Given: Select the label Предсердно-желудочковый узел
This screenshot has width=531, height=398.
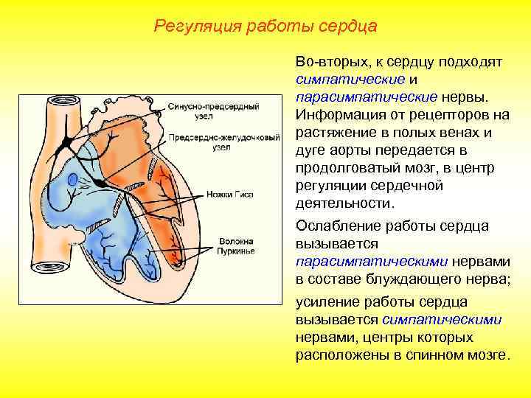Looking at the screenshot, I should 223,142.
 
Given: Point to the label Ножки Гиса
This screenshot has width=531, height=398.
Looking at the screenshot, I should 235,195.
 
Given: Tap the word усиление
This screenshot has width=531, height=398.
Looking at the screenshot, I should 324,302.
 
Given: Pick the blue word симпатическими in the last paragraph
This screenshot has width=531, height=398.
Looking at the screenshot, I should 442,320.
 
